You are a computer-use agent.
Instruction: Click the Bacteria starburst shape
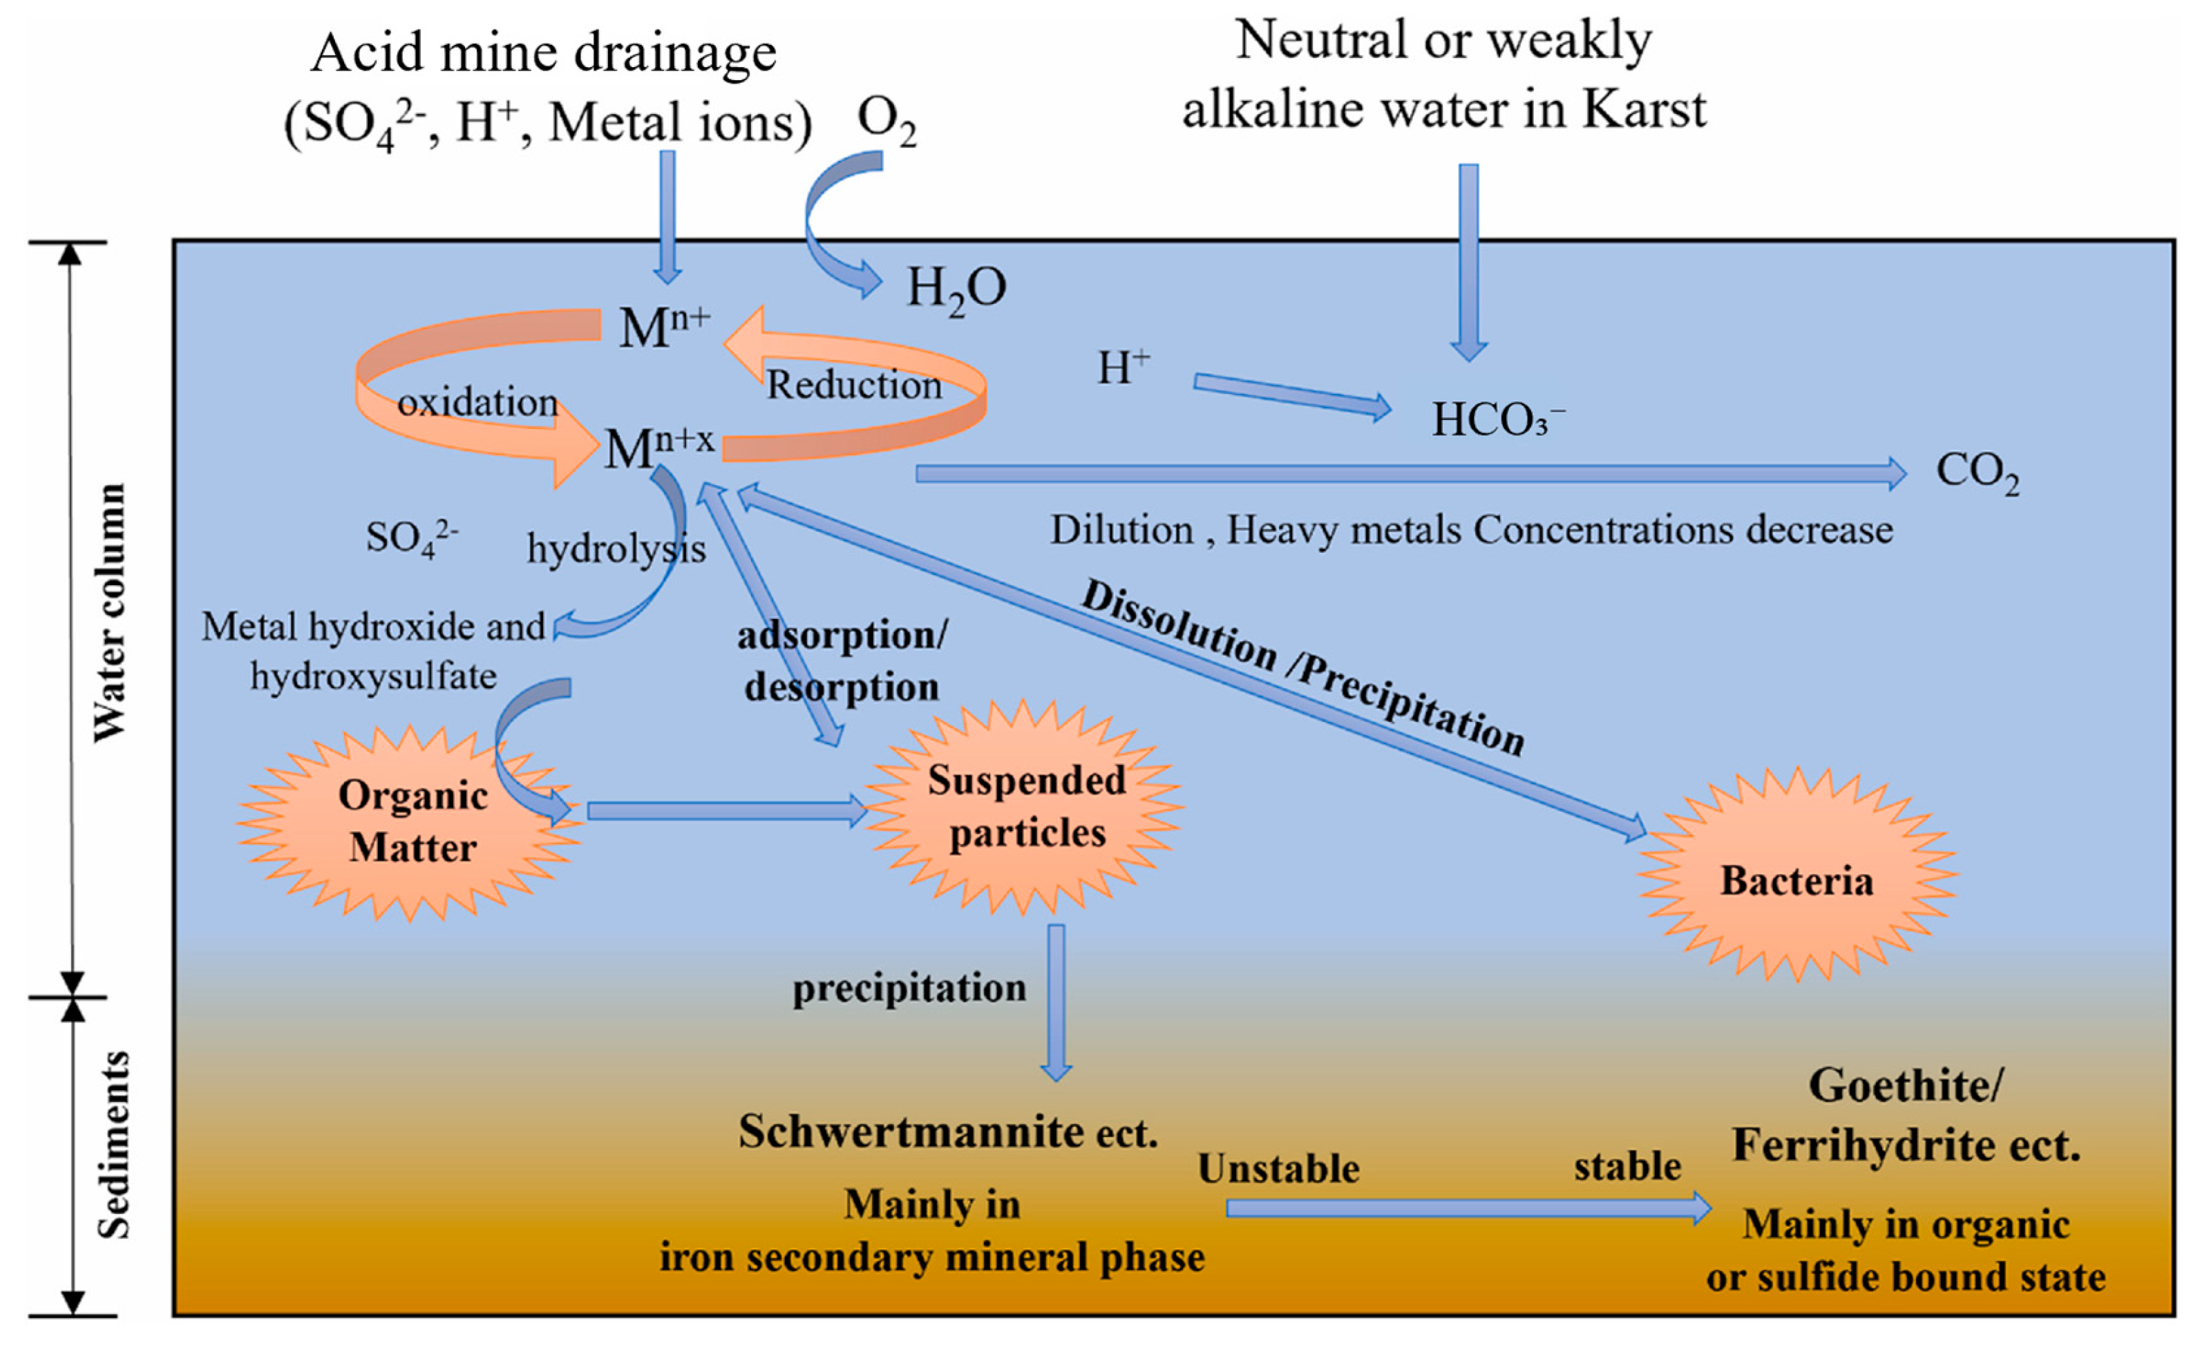(1796, 880)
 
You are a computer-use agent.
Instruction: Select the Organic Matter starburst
(413, 821)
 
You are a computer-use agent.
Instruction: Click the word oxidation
(477, 403)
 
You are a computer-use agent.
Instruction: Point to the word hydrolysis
(616, 548)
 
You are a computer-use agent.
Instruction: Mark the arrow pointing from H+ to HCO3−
(1290, 394)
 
